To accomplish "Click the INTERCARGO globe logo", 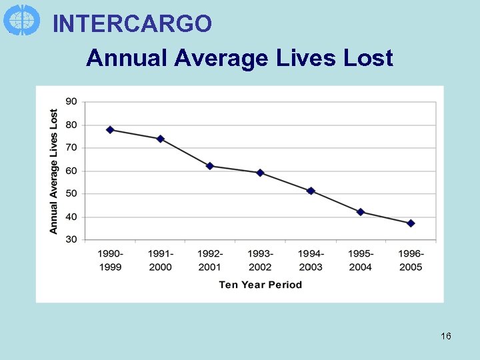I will tap(21, 20).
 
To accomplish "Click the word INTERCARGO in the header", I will tap(132, 24).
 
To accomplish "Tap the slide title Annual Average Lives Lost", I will tap(239, 58).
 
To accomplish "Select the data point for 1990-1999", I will tap(110, 130).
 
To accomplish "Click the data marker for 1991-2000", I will tap(160, 139).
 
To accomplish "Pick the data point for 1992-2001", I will tap(210, 166).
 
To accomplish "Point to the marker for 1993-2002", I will tap(260, 173).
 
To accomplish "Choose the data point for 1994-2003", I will tap(311, 191).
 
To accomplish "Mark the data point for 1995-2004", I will tap(361, 212).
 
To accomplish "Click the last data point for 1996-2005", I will tap(411, 223).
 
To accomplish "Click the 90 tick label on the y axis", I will tap(71, 101).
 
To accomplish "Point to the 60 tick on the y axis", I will tap(71, 171).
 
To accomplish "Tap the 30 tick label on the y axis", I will tap(71, 239).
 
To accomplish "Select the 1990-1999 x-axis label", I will tap(110, 260).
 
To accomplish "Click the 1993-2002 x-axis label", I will tap(260, 260).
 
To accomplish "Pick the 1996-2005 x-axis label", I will tap(411, 260).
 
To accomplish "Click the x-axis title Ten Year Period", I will tap(260, 285).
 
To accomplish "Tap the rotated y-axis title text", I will tap(54, 171).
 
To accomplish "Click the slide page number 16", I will tap(446, 336).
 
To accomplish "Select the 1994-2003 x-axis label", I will tap(311, 260).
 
